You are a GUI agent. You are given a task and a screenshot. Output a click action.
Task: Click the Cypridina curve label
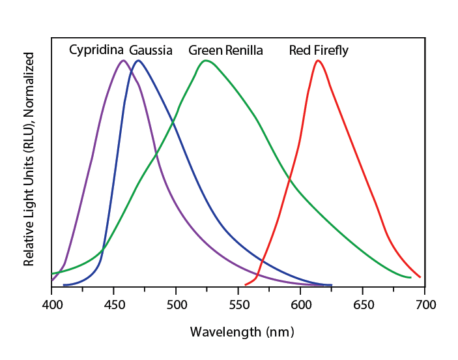click(96, 50)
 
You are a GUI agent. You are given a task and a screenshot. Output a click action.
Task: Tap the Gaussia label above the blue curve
click(150, 50)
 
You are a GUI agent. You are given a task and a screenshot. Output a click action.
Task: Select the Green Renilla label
click(225, 50)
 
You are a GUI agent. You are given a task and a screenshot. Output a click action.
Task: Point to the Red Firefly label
click(319, 50)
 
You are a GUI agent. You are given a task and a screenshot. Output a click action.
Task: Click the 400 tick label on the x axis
click(51, 305)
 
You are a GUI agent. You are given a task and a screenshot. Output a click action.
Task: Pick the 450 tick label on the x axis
click(113, 305)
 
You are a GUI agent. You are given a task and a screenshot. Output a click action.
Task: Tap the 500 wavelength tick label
click(176, 305)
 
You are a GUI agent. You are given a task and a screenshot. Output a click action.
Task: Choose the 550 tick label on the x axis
click(238, 305)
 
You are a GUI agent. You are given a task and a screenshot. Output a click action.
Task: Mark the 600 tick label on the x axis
click(300, 305)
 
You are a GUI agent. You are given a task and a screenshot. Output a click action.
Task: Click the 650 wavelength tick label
click(362, 305)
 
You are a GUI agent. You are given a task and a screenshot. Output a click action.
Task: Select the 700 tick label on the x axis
click(425, 305)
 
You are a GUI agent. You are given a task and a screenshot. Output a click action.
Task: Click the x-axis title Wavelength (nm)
click(242, 332)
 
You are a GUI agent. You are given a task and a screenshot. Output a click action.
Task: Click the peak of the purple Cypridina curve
click(122, 61)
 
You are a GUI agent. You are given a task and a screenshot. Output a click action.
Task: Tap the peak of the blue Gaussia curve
click(137, 61)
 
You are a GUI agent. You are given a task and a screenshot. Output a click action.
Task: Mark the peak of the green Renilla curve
click(206, 61)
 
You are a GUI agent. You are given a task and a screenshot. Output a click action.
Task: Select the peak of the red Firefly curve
click(317, 61)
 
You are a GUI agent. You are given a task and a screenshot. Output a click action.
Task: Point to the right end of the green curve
click(410, 277)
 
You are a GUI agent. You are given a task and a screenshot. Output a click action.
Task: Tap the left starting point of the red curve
click(246, 284)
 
